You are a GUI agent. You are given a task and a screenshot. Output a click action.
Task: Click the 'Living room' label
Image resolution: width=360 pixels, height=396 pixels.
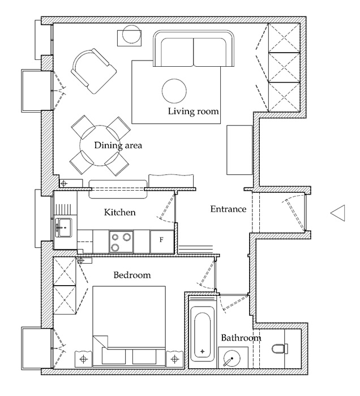(193, 111)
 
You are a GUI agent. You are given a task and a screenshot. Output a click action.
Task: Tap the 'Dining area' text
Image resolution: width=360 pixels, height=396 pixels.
(118, 145)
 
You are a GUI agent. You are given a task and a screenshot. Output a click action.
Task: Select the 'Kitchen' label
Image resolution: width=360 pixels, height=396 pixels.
(120, 213)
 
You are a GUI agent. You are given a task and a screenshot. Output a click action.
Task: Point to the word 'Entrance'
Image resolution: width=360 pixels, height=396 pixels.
(228, 209)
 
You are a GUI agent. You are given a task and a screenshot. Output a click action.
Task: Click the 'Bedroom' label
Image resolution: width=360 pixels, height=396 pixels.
(132, 276)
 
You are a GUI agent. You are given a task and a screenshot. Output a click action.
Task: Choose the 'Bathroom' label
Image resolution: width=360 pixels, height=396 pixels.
(241, 338)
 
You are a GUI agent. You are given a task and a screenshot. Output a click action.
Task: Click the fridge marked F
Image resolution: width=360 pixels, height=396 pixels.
(162, 240)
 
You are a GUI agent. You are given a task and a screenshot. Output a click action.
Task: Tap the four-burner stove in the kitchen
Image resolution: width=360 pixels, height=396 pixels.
(121, 242)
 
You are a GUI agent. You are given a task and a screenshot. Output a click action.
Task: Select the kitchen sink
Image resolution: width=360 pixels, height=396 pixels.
(65, 229)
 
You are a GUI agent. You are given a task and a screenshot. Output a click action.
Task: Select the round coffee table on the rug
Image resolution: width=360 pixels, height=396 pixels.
(174, 89)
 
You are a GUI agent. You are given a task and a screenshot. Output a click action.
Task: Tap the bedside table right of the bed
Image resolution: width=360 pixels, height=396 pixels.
(175, 359)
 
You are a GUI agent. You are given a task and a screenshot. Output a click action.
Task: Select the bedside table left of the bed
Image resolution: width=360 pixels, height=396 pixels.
(83, 359)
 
